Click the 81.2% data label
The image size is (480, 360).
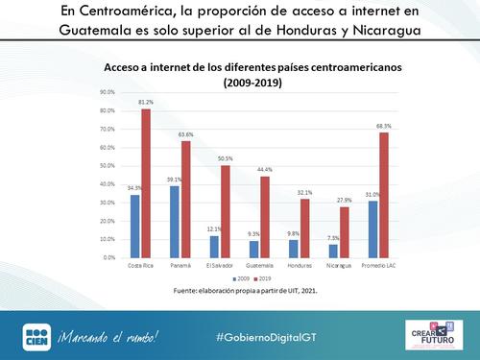[x=146, y=102]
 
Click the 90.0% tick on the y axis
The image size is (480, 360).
[x=108, y=93]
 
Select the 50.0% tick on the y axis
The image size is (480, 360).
[x=108, y=164]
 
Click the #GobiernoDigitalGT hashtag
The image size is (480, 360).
[x=277, y=335]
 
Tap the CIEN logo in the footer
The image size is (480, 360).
[x=36, y=335]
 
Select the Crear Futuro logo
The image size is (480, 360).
[x=436, y=335]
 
